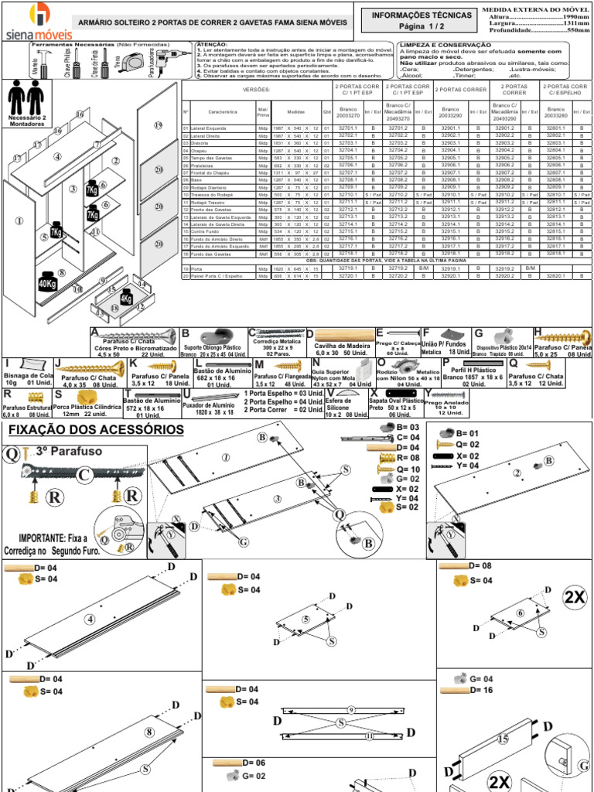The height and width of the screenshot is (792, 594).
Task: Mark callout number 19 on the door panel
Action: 159,125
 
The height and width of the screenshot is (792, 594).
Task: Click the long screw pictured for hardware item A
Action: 138,336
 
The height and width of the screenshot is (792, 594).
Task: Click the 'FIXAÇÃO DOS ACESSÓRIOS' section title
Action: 95,430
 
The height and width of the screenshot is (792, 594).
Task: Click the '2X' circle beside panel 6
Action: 575,598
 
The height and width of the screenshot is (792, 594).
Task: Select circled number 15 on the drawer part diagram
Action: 503,739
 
